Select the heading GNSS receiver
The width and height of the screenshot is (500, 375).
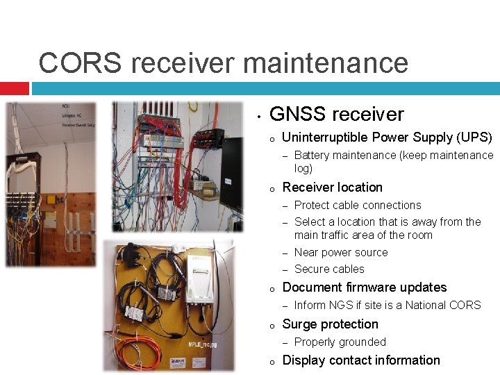[336, 114]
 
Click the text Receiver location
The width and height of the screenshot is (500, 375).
[332, 187]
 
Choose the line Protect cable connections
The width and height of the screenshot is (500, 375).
[358, 206]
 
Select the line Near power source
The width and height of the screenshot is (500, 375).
[341, 253]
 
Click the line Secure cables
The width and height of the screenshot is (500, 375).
[329, 269]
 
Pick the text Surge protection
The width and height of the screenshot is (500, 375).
[330, 324]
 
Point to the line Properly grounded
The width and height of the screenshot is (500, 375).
[340, 342]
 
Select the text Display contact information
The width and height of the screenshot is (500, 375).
[361, 360]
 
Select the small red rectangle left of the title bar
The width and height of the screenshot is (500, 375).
[14, 88]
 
